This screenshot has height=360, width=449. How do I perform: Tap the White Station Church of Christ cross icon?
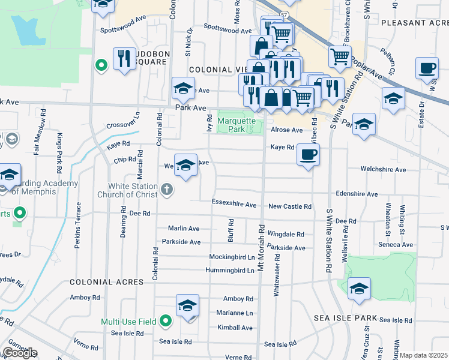pyautogui.click(x=166, y=190)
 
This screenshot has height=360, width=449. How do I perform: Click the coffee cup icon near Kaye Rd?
pyautogui.click(x=308, y=155)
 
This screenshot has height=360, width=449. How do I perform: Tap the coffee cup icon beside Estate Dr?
pyautogui.click(x=427, y=68)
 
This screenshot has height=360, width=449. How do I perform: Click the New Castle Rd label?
pyautogui.click(x=289, y=206)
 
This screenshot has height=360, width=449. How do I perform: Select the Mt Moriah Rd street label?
pyautogui.click(x=262, y=247)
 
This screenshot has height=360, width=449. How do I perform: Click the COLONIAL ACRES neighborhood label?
pyautogui.click(x=106, y=282)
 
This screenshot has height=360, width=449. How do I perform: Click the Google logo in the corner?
pyautogui.click(x=20, y=353)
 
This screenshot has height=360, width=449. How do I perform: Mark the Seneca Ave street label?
pyautogui.click(x=395, y=245)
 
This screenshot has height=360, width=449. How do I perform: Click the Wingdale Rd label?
pyautogui.click(x=286, y=235)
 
